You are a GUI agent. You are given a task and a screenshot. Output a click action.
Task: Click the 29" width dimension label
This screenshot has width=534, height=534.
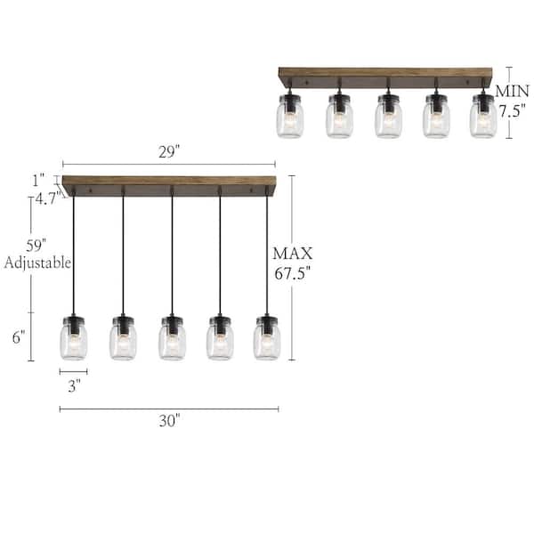click(x=168, y=152)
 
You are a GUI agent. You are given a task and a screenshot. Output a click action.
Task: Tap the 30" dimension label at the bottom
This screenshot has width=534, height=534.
click(x=169, y=422)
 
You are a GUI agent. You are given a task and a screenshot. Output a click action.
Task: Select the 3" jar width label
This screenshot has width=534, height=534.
click(x=74, y=385)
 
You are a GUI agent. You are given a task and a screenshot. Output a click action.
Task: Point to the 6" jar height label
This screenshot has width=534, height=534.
click(x=19, y=336)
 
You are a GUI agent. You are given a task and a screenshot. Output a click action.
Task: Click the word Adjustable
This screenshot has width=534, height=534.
click(x=37, y=263)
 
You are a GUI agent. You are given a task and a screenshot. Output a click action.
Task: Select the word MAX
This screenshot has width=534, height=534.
click(x=293, y=253)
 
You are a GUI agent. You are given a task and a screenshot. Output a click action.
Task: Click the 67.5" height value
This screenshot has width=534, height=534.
click(x=293, y=273)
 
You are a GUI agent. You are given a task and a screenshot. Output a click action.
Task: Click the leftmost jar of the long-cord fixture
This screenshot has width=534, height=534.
click(x=74, y=337)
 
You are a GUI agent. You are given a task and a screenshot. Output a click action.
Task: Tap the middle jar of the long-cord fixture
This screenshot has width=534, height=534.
click(x=172, y=337)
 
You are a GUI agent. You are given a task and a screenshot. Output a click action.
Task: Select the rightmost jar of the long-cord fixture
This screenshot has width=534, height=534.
click(x=266, y=337)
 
